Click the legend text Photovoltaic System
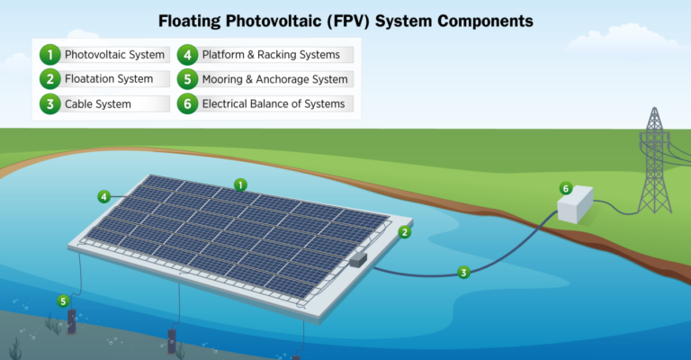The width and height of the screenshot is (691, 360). [x=114, y=55]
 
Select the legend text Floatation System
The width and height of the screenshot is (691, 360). [x=109, y=79]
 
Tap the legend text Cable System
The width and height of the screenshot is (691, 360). [x=98, y=104]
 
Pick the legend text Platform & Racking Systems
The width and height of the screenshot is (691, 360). [x=271, y=55]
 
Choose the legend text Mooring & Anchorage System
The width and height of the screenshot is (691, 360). [x=275, y=79]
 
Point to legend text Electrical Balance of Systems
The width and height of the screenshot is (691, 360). [x=274, y=103]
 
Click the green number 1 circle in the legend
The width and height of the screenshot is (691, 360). [x=49, y=55]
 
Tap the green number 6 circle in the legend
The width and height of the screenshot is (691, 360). [x=187, y=103]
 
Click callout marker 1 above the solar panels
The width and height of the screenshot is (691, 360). [x=240, y=184]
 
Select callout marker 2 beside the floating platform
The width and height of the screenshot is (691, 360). [x=405, y=232]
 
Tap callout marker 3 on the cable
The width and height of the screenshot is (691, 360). [x=463, y=273]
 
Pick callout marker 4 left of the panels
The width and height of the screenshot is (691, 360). [x=104, y=196]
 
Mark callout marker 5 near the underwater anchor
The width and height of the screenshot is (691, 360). [x=63, y=301]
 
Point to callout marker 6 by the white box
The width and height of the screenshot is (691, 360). [x=566, y=189]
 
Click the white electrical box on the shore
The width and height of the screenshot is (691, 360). [x=576, y=204]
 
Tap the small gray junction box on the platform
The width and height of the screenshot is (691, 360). [x=358, y=259]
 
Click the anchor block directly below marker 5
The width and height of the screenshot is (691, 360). [x=71, y=321]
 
